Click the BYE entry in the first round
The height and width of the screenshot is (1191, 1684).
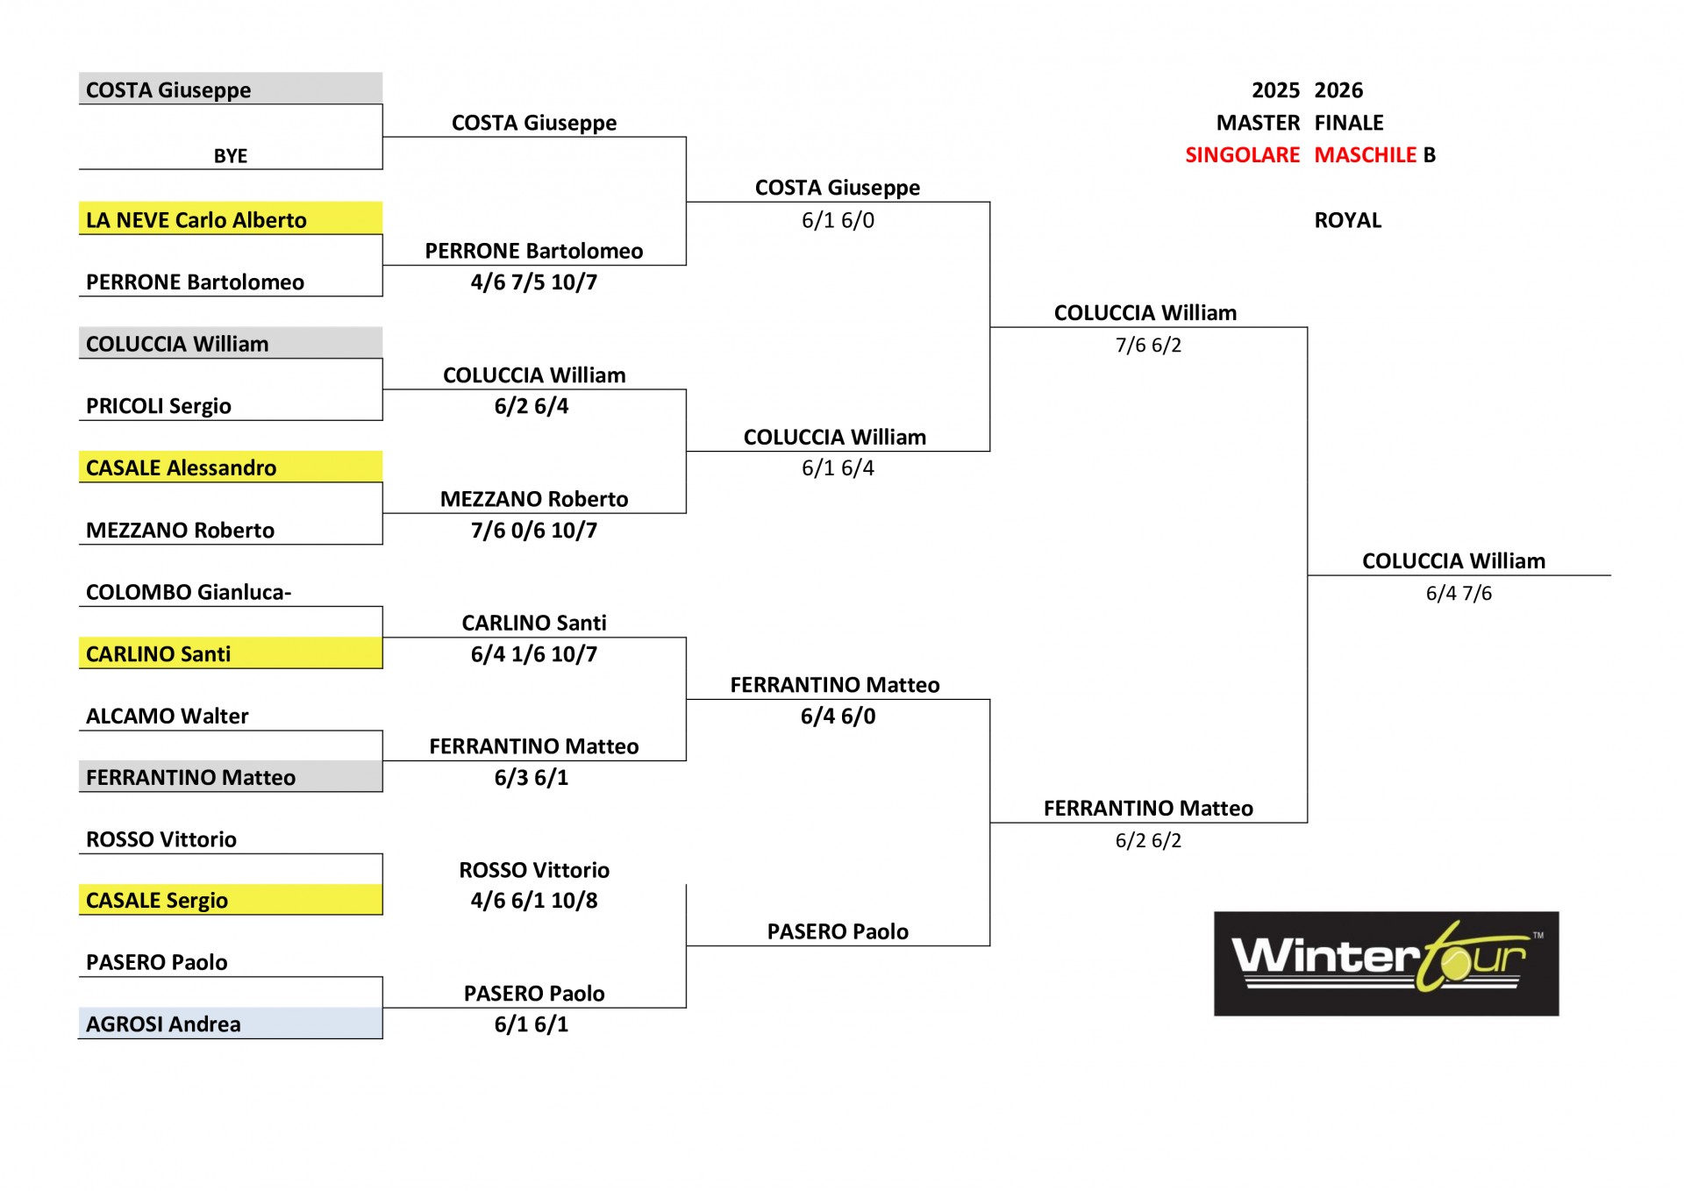[231, 156]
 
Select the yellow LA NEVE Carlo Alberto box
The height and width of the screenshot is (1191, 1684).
[231, 218]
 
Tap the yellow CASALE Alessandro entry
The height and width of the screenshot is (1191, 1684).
[231, 467]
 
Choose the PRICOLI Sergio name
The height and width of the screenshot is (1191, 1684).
[159, 406]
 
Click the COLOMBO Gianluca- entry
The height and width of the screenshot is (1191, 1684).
[189, 592]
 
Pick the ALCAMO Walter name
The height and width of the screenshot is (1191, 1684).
[168, 716]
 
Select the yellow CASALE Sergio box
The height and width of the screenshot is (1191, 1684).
[231, 899]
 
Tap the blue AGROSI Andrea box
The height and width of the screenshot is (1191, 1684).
[231, 1023]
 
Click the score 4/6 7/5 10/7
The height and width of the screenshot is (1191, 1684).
[534, 282]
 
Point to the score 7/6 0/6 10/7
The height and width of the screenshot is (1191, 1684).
[534, 530]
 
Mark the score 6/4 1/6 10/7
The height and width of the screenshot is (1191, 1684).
[534, 653]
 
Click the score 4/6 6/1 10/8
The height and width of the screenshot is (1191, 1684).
[534, 900]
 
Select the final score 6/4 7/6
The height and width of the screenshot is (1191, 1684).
[1459, 593]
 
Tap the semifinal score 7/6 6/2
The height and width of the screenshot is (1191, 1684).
[1148, 345]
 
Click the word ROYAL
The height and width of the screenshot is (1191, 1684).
[1348, 220]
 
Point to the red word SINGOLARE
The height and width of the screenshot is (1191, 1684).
[1243, 155]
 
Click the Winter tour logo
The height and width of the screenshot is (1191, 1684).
[1387, 963]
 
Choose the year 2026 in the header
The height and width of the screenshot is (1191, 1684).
[1339, 90]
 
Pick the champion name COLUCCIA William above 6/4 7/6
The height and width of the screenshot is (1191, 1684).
[1454, 560]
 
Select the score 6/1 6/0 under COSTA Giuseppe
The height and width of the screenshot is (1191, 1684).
[838, 220]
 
